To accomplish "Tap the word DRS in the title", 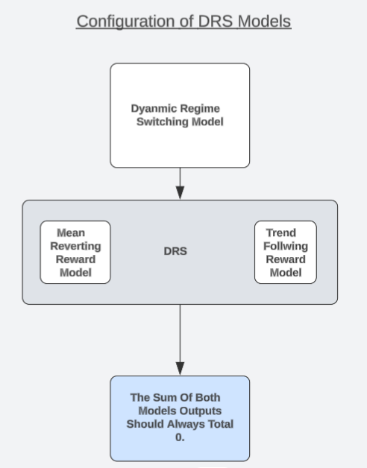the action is (215, 21).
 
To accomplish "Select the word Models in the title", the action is (264, 21).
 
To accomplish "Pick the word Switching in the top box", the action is (163, 121).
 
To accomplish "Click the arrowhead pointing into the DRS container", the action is (180, 192).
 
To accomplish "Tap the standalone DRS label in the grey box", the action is (175, 251).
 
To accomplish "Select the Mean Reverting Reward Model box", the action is (75, 252).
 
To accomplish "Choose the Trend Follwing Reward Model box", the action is (286, 252).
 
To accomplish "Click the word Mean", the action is (71, 233).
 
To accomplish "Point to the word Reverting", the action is (75, 246).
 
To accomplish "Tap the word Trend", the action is (281, 233).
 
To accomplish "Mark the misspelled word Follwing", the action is (286, 246).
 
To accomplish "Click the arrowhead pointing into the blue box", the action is (180, 368).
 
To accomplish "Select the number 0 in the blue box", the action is (179, 437).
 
